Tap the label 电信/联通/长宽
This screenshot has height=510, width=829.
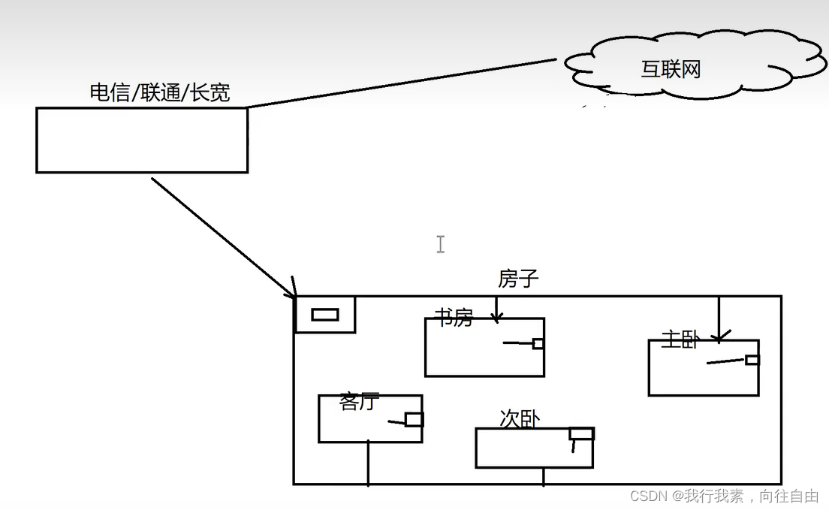[x=159, y=93]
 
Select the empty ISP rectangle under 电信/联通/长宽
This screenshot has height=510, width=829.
[x=142, y=140]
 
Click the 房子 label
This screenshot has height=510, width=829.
[x=518, y=279]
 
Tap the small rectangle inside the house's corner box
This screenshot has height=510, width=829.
[x=324, y=315]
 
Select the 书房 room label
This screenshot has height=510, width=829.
[x=454, y=318]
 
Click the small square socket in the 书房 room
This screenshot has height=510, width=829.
[x=538, y=344]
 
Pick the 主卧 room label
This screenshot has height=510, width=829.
[x=680, y=339]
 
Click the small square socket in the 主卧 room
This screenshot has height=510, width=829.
[x=752, y=360]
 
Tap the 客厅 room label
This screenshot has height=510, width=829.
[x=359, y=402]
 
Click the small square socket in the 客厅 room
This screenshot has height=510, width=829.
[x=414, y=419]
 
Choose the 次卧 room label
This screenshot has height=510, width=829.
[x=519, y=418]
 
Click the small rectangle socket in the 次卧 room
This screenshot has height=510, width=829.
[x=581, y=433]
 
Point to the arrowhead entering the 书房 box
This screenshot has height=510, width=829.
[x=496, y=317]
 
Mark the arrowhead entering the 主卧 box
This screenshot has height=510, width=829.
[x=719, y=337]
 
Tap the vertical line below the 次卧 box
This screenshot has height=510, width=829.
[x=544, y=476]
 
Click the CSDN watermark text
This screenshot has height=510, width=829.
[x=724, y=496]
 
